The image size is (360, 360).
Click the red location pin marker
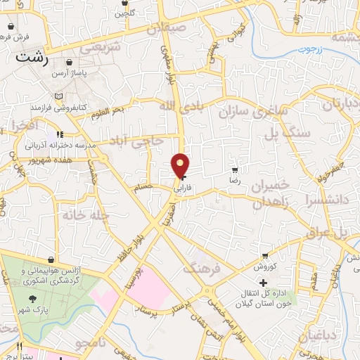181,166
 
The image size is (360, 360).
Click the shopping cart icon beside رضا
235,170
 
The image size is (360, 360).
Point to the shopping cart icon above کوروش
264,256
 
